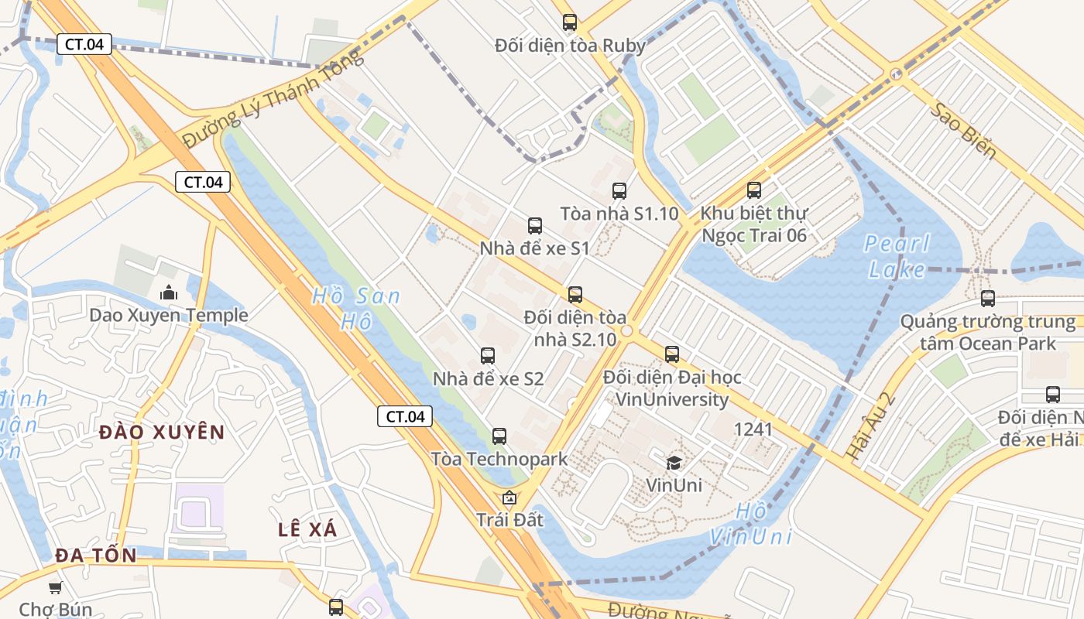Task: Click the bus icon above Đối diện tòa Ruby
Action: tap(570, 22)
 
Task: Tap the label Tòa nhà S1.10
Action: tap(619, 214)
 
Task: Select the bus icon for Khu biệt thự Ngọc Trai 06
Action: tap(754, 190)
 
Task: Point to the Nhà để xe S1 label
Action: tap(534, 248)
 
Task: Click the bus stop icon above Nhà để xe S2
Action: tap(487, 356)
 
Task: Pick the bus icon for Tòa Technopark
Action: tap(499, 436)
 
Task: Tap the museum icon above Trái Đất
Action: tap(509, 498)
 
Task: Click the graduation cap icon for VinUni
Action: tap(674, 463)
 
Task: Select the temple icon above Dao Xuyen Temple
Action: tap(168, 292)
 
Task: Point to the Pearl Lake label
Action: tap(897, 256)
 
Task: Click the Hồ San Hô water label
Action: tap(357, 308)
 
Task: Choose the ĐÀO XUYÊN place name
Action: tap(162, 432)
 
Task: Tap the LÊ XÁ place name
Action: tap(307, 529)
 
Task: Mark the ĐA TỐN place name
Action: tap(96, 555)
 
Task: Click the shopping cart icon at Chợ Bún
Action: tap(55, 588)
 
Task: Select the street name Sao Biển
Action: tap(963, 130)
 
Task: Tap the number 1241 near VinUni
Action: tap(753, 429)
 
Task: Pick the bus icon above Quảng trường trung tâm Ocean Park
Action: tap(987, 299)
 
